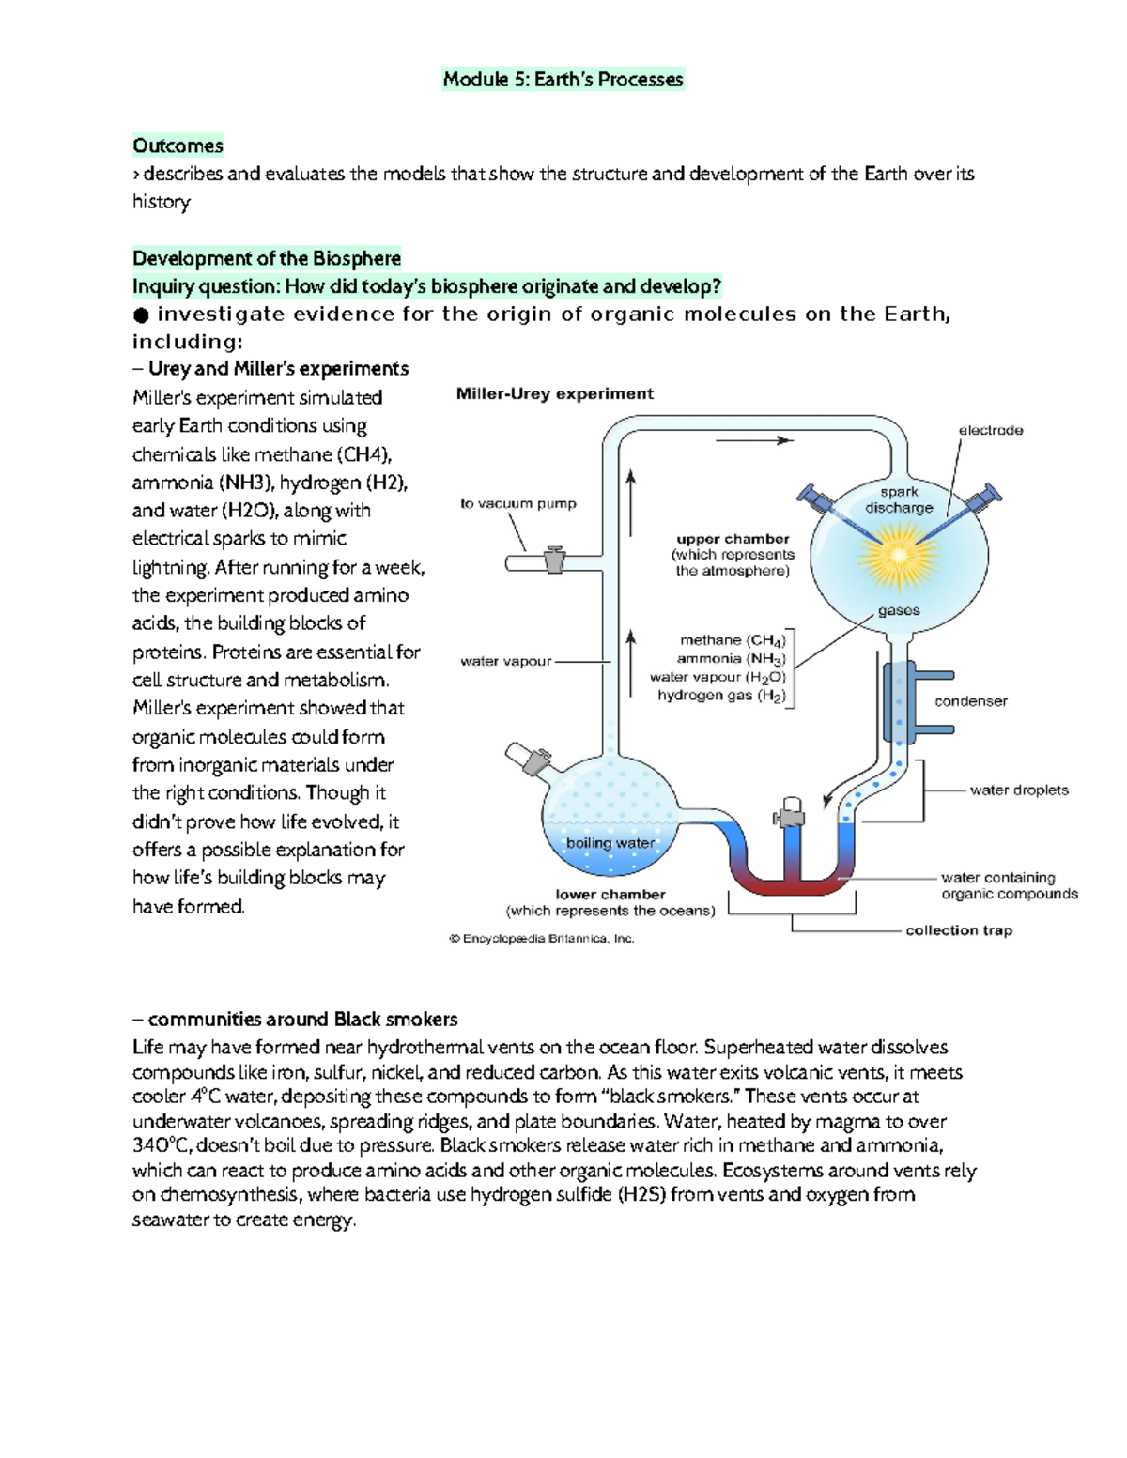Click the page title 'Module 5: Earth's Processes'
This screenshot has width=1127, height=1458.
563,79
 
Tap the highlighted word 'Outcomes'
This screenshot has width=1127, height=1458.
178,146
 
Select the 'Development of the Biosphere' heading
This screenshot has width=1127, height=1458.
267,258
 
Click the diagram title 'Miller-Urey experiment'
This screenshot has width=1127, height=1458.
554,394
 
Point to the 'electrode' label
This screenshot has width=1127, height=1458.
990,430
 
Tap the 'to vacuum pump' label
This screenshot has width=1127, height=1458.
518,503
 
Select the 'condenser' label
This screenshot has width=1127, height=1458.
970,701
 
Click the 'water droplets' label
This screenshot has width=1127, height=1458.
1019,790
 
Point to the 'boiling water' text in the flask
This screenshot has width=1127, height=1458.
610,843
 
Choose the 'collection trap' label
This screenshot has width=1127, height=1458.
959,930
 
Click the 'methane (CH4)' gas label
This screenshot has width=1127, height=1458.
733,641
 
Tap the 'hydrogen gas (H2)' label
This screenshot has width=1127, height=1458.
721,697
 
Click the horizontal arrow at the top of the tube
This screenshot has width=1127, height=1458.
755,441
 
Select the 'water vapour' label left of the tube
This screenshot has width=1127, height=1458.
505,662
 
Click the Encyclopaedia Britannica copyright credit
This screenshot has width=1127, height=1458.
542,939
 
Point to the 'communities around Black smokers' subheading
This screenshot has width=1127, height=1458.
295,1020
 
